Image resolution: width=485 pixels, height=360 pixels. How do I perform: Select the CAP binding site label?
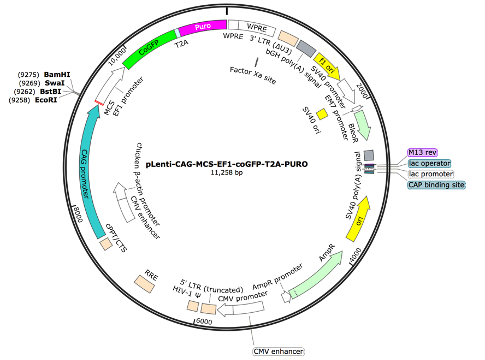[436, 184]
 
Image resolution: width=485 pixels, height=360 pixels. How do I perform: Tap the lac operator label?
[429, 162]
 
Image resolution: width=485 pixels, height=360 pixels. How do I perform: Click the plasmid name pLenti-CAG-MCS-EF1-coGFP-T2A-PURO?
[227, 163]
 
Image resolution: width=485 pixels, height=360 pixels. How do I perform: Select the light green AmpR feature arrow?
[308, 284]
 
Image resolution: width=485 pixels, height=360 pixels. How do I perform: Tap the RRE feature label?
[152, 273]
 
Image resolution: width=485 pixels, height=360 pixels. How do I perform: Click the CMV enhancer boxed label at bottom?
[279, 351]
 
